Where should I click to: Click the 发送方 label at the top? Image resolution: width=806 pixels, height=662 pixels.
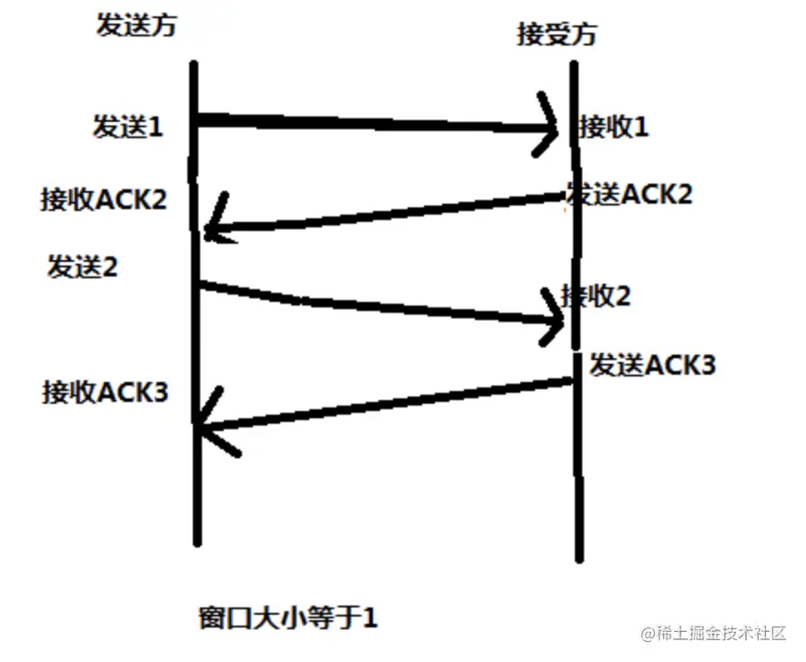pos(136,25)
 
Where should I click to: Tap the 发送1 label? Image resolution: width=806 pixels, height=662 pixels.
pos(127,126)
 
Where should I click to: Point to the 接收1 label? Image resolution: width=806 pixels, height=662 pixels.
pos(614,126)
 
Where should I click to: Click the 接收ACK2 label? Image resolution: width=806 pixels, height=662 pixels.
pos(104,199)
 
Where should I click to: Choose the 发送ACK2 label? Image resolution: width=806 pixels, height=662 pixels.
pos(630,193)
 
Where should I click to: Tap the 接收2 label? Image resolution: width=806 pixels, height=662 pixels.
pos(596,296)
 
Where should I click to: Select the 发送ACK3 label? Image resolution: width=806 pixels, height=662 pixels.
pos(652,365)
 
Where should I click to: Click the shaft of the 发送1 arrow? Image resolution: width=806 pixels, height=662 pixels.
pos(373,124)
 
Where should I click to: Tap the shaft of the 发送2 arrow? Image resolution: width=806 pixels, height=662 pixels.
pos(373,306)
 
